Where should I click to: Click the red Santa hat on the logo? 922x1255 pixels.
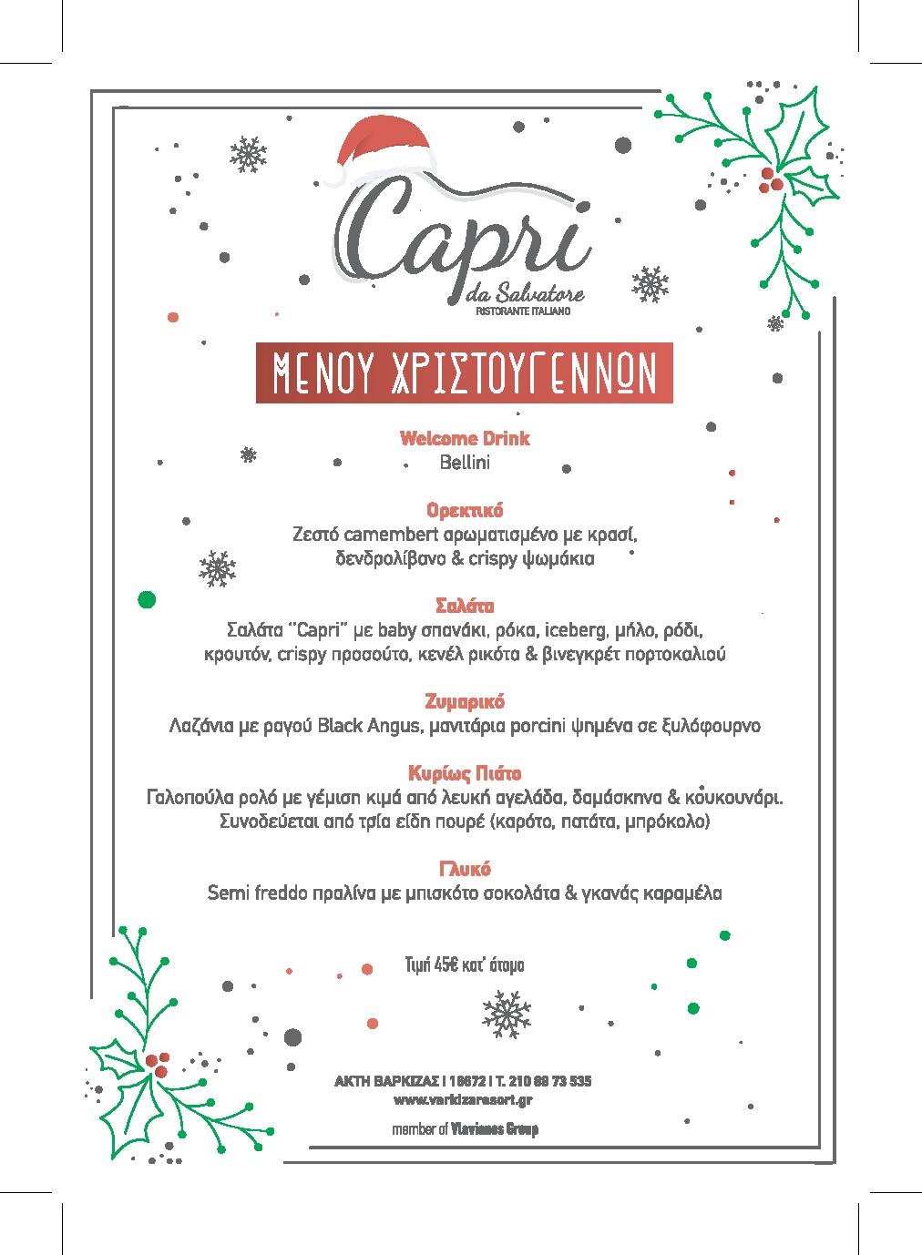[382, 147]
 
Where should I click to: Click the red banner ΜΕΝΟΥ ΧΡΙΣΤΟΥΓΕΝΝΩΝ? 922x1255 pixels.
[464, 372]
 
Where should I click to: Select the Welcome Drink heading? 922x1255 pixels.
[465, 438]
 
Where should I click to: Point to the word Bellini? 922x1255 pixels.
[465, 463]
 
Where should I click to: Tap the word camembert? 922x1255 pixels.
[384, 533]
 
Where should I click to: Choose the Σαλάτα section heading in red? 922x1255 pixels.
[465, 606]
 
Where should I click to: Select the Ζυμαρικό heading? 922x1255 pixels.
[465, 702]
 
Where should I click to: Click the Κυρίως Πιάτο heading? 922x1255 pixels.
[465, 774]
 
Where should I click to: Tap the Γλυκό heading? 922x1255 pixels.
[465, 869]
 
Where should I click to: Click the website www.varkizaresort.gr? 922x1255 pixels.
[464, 1100]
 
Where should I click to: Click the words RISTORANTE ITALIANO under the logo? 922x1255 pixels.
[523, 312]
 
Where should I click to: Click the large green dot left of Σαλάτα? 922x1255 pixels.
[145, 599]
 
